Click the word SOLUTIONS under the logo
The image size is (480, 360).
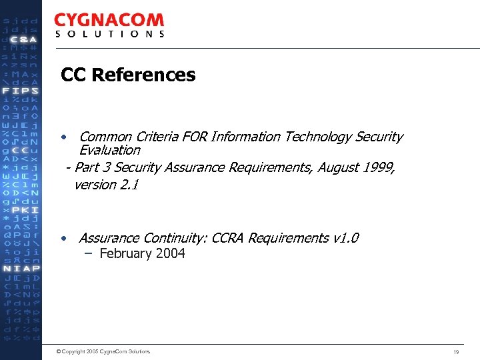109,34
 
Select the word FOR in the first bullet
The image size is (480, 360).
194,137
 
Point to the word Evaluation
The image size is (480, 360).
109,150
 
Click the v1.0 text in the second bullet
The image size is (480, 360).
345,238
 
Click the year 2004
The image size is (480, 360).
170,253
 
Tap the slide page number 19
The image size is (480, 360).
457,351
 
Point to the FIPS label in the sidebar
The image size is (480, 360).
21,91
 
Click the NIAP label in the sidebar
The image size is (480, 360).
21,269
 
